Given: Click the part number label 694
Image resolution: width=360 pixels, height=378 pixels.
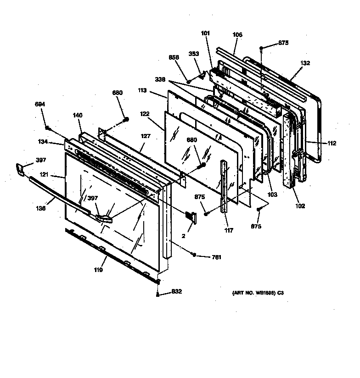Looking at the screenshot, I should (40, 104).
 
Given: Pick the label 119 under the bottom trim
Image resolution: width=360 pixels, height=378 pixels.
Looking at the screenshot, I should (98, 270).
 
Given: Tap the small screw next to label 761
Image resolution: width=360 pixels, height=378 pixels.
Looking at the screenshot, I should (195, 255).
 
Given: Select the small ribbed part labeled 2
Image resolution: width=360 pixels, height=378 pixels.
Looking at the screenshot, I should (191, 217).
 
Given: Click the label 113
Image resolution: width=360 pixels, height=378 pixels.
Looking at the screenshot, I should (141, 90).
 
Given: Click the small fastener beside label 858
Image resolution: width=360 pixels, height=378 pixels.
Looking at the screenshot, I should (189, 81).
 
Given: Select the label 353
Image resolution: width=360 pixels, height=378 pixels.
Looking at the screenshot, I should (193, 53).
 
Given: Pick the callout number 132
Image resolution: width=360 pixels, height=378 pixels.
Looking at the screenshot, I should (305, 63).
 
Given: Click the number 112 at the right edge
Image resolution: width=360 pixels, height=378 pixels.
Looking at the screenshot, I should (332, 144).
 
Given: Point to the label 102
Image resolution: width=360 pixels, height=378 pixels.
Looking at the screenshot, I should (300, 206).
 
